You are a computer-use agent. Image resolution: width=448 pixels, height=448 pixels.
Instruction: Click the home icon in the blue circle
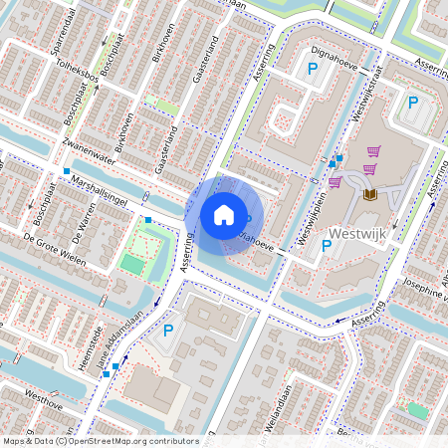coord(224,214)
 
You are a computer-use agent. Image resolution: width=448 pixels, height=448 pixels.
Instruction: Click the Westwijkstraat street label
coord(364,97)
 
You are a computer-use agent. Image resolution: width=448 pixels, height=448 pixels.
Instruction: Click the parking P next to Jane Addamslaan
coord(168,331)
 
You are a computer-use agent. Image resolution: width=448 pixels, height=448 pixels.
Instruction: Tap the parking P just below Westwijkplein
coord(326,248)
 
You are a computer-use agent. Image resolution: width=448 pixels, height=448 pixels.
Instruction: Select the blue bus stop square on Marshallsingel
coord(147,219)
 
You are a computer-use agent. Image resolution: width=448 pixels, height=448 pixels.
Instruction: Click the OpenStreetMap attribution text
coord(100,441)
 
